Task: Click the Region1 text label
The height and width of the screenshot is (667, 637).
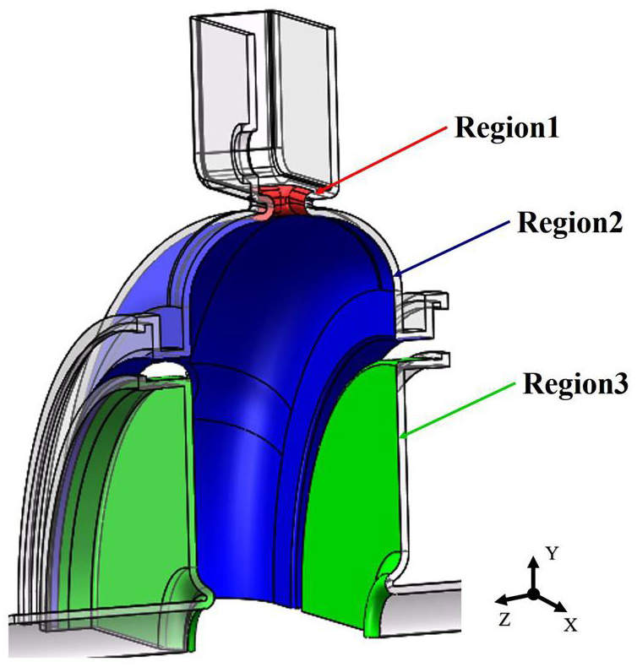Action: (x=506, y=127)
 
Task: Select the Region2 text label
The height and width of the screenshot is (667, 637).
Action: (x=570, y=223)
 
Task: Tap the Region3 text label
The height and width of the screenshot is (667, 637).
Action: (x=575, y=383)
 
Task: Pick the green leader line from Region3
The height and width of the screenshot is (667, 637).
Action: (x=457, y=409)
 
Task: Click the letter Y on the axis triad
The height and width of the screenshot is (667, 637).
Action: (x=552, y=554)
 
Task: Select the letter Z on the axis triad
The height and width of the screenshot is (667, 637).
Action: (x=505, y=620)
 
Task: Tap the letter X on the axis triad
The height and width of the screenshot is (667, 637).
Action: (x=570, y=625)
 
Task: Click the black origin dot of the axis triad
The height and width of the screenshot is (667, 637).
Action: (x=533, y=594)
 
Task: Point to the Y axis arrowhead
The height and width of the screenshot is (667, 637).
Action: (x=533, y=563)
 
